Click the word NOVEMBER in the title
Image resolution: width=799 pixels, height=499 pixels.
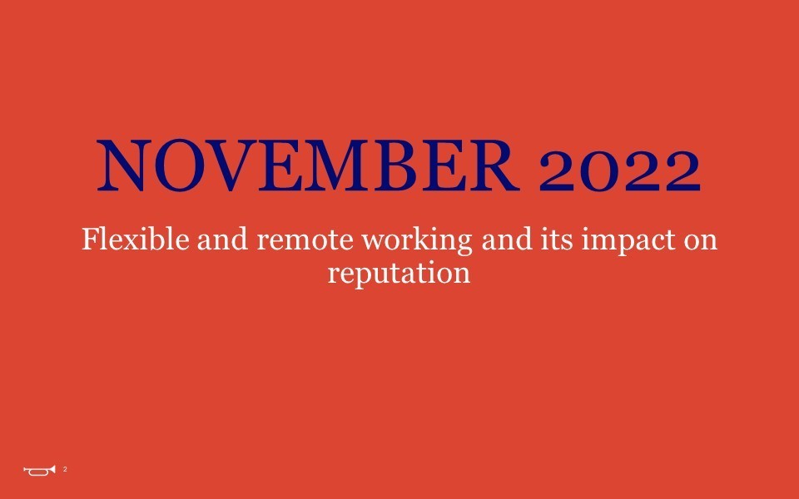(x=308, y=166)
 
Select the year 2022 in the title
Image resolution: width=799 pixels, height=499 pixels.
(x=619, y=171)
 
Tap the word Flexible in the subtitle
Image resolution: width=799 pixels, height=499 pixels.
(x=136, y=239)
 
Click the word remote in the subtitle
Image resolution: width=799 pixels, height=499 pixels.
(x=305, y=240)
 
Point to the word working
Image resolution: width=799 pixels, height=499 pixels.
(x=417, y=240)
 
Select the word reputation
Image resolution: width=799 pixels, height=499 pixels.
(x=399, y=273)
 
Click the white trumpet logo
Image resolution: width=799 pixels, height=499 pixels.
(x=39, y=470)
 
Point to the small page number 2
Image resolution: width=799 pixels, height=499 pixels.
(x=65, y=469)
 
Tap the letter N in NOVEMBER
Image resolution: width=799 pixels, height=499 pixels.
(x=122, y=166)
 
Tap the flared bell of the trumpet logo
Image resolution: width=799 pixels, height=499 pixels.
(x=52, y=469)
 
